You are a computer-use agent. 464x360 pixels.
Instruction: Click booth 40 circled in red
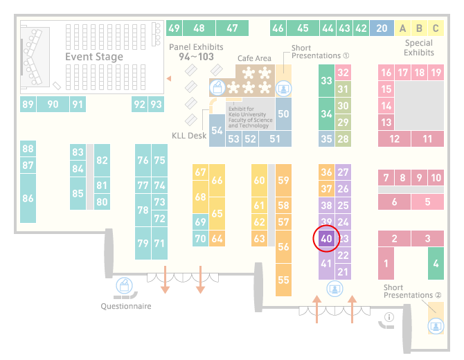tap(326, 238)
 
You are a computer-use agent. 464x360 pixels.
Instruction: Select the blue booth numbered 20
tap(382, 28)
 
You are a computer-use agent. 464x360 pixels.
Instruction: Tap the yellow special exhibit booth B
tap(419, 28)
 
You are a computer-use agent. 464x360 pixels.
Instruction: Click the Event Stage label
tap(94, 57)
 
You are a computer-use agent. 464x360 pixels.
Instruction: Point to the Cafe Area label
tap(254, 58)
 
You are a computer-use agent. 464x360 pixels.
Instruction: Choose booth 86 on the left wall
tap(28, 198)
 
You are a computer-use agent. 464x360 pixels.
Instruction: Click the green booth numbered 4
tap(436, 263)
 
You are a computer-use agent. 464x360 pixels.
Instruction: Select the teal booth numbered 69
tap(200, 222)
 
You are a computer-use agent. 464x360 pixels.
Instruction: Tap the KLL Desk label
tap(189, 136)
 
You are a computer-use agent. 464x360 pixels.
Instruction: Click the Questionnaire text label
tap(126, 306)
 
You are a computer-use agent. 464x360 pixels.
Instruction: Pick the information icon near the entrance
tap(389, 317)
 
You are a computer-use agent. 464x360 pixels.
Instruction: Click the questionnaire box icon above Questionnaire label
tap(124, 286)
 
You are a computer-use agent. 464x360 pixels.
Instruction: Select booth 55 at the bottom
tap(283, 280)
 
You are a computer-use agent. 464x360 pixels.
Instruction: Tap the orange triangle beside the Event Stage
tap(169, 78)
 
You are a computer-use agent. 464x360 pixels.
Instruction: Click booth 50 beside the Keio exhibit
tap(283, 114)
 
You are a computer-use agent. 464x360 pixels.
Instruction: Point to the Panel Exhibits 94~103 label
tap(196, 52)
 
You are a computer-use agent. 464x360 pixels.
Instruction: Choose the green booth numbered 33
tap(326, 80)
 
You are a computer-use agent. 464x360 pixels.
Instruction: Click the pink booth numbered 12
tap(395, 138)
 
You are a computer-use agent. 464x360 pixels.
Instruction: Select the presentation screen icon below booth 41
tap(334, 289)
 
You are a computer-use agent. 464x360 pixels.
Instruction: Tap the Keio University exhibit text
tap(250, 117)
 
